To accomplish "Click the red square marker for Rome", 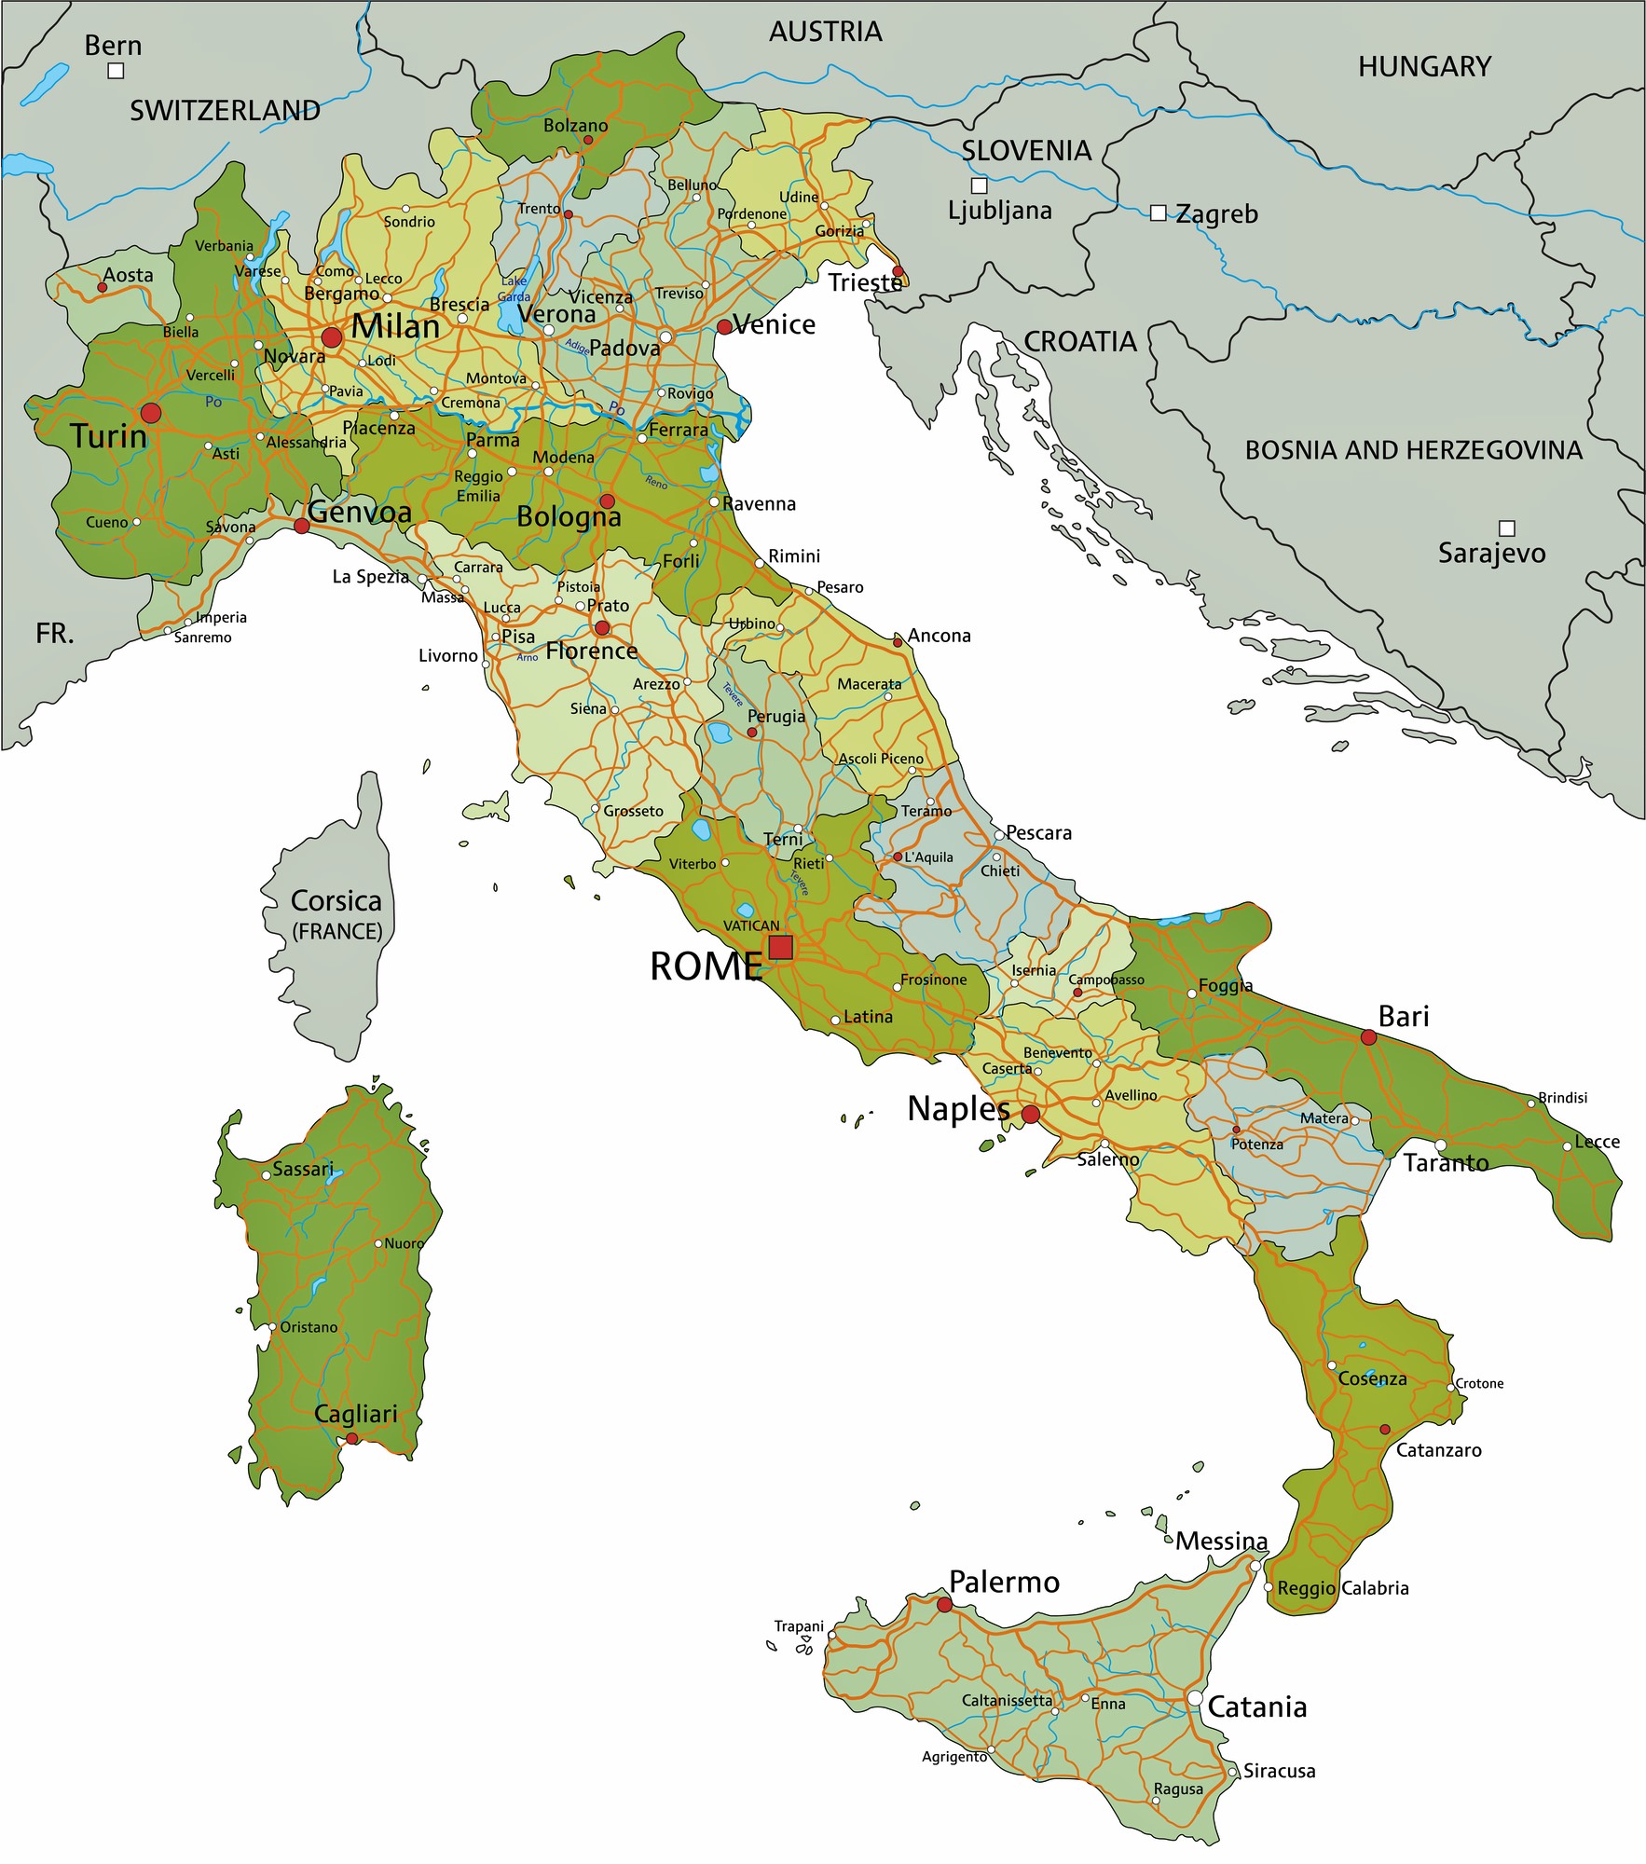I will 780,948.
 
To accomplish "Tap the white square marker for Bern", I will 116,71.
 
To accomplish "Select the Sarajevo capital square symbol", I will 1506,528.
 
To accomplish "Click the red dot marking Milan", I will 332,336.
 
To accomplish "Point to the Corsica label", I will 336,901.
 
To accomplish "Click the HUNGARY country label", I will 1424,67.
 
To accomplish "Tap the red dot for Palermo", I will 944,1604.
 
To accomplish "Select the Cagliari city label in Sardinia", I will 356,1413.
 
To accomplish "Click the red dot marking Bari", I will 1368,1037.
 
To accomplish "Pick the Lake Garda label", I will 514,289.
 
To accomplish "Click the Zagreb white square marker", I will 1158,213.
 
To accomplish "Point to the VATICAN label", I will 751,925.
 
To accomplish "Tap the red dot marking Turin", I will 151,413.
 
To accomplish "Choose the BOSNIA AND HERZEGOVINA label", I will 1413,450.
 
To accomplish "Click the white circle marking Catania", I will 1195,1698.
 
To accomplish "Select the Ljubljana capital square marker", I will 979,185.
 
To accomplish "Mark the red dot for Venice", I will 724,327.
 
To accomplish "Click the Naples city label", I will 958,1109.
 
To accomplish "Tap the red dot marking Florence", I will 602,628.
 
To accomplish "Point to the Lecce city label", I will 1597,1142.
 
